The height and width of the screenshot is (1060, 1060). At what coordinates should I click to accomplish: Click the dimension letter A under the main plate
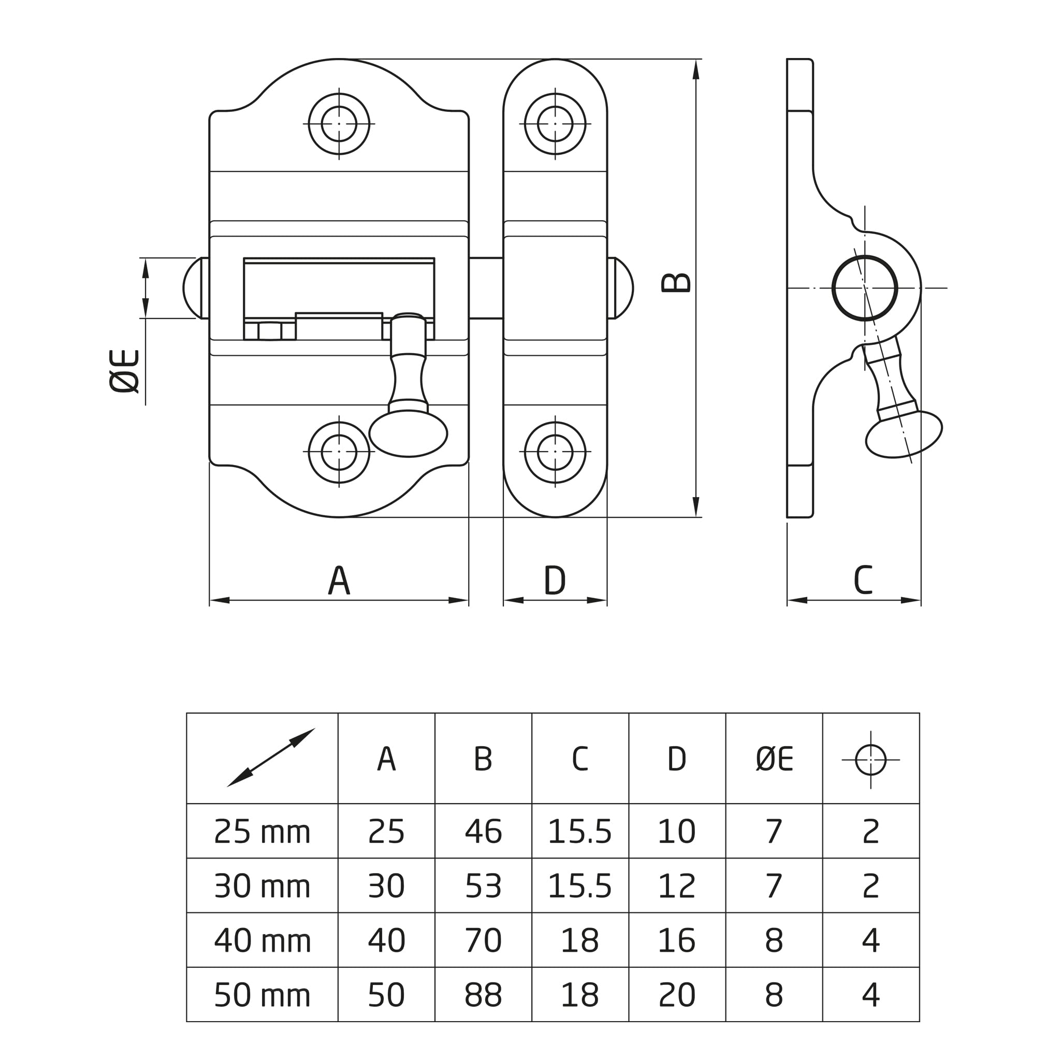pos(339,580)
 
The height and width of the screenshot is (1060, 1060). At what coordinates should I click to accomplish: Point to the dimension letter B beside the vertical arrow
pos(676,283)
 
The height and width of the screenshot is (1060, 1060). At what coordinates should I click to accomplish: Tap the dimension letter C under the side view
pos(863,580)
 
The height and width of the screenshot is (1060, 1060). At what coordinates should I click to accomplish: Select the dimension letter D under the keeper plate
pos(555,580)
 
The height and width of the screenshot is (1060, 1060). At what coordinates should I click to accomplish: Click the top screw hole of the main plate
pos(339,123)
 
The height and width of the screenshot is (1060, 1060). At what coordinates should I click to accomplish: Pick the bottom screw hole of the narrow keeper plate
pos(555,452)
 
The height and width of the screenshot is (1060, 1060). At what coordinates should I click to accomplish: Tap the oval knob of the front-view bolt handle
pos(408,433)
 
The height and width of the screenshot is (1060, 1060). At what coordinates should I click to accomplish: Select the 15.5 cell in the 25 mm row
pos(580,831)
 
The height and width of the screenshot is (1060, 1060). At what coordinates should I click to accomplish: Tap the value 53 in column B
pos(483,885)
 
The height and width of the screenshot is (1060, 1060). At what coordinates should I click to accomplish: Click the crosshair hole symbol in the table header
pos(870,760)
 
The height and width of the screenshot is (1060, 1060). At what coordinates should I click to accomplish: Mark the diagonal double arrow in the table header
pos(271,758)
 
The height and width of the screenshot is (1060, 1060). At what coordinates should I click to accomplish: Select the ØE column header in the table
pos(774,759)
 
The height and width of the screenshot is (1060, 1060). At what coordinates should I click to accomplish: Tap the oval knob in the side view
pos(904,434)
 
